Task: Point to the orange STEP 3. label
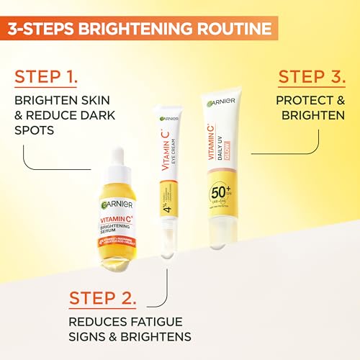point(311,77)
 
